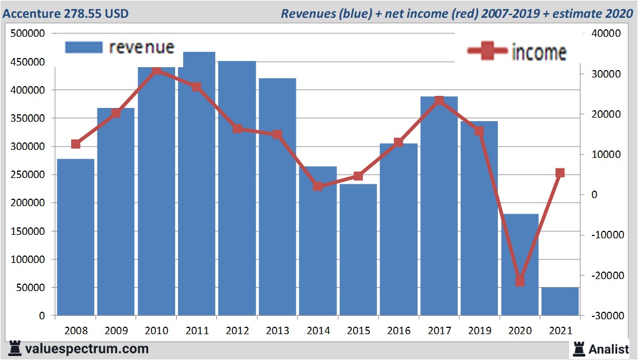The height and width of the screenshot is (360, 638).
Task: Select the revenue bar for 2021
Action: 560,301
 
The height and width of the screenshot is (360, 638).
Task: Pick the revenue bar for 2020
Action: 520,264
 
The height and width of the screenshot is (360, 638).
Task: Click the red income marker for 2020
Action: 520,281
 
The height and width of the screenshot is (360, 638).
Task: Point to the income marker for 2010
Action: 156,71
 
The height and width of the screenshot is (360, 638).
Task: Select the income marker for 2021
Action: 560,173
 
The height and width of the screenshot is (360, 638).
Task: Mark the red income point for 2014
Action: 318,186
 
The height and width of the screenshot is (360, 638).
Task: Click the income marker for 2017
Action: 439,100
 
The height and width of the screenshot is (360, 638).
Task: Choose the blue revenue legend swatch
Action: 83,47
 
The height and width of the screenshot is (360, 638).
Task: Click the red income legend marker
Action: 488,52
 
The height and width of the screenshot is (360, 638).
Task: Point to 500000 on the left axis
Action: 28,34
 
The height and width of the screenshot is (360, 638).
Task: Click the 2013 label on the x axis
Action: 277,331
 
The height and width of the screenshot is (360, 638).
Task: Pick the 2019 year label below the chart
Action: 479,331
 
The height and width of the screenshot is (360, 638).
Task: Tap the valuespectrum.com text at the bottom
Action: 86,349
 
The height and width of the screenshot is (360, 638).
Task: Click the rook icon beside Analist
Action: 578,348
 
